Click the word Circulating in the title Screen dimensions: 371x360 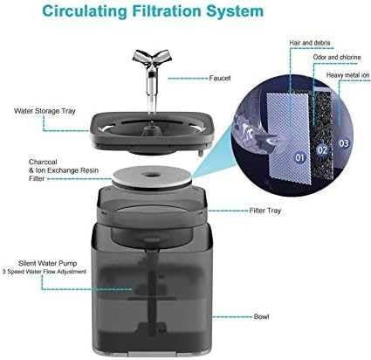point(85,11)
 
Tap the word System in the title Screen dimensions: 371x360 point(235,11)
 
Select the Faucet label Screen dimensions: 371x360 point(220,78)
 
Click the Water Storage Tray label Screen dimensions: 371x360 point(45,111)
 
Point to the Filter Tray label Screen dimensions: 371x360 point(265,211)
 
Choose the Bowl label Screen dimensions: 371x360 point(261,316)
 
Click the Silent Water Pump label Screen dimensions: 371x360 point(48,263)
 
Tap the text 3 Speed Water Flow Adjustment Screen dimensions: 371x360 point(45,272)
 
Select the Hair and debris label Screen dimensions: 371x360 point(310,43)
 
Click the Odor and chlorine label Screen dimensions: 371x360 point(337,57)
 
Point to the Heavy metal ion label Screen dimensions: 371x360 point(347,75)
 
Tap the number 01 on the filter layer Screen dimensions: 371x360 point(299,157)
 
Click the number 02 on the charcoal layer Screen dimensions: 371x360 point(322,150)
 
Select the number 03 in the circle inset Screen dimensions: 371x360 point(344,143)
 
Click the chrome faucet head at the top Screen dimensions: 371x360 point(152,58)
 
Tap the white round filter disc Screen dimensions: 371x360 point(152,178)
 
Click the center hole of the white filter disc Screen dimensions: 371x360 point(152,175)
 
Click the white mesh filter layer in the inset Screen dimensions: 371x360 point(288,137)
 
